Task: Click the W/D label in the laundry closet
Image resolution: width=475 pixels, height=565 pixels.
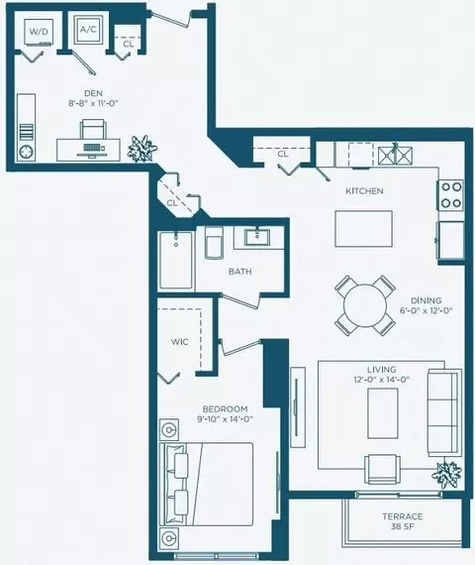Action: [x=39, y=32]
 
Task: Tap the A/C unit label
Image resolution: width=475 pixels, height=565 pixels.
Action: [x=88, y=30]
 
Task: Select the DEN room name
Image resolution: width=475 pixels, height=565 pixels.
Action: [x=94, y=94]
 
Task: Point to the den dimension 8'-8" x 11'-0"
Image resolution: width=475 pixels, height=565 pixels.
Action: [x=94, y=103]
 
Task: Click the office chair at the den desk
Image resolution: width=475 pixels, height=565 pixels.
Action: [x=93, y=130]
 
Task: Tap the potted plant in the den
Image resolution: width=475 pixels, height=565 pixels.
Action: [x=142, y=149]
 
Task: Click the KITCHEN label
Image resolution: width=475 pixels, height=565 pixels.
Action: [x=364, y=191]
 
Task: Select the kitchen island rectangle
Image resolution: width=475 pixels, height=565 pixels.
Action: [x=363, y=229]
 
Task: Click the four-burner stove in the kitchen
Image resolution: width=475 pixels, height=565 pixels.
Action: [x=451, y=195]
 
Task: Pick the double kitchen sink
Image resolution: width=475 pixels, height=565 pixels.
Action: [x=396, y=156]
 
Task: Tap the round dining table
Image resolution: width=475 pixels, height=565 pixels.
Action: [x=365, y=305]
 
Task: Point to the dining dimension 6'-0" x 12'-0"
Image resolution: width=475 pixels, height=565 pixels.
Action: [x=427, y=310]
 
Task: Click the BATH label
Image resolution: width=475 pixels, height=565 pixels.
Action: [x=240, y=272]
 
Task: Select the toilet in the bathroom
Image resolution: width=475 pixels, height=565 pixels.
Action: [x=214, y=242]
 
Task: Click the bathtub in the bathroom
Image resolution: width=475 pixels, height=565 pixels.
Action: [x=176, y=260]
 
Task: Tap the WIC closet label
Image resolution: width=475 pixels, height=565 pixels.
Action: [x=179, y=342]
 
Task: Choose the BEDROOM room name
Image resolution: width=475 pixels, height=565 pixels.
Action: [x=225, y=409]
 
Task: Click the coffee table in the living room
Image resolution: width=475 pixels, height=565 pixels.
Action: [x=383, y=413]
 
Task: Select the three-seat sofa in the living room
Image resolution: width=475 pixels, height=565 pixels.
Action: [x=444, y=412]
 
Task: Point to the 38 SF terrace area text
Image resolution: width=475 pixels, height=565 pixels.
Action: [x=403, y=526]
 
